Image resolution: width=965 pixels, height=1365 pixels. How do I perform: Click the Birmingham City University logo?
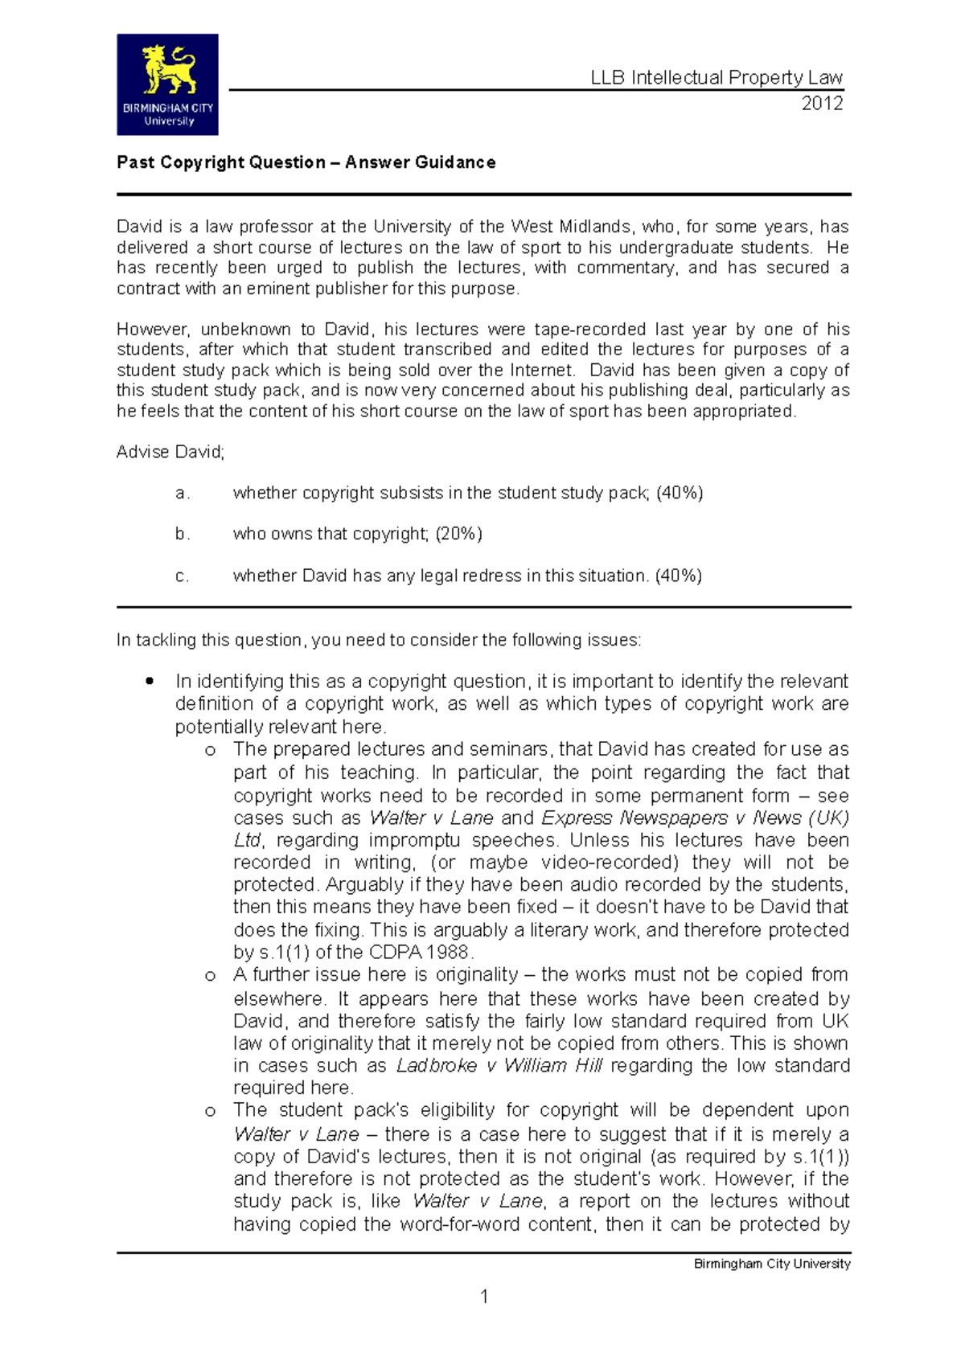coord(167,84)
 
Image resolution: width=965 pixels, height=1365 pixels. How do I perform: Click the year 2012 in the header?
coord(822,103)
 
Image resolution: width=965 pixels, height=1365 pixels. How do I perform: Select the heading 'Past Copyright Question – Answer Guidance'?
coord(306,162)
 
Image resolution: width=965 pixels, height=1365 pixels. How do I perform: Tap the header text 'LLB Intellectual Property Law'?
coord(717,77)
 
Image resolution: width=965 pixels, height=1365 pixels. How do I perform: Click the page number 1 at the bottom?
coord(484,1296)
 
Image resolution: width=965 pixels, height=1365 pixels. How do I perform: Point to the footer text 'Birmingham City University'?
coord(772,1264)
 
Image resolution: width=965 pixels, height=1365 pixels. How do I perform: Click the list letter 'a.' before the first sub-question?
coord(183,494)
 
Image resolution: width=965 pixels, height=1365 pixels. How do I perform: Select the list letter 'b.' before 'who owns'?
coord(183,535)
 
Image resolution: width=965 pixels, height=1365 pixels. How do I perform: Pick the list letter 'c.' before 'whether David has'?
coord(183,576)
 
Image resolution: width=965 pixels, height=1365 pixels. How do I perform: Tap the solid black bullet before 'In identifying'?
coord(149,681)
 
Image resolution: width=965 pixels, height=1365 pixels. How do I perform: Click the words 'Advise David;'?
coord(170,452)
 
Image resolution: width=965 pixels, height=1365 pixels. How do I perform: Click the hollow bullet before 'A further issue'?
coord(211,976)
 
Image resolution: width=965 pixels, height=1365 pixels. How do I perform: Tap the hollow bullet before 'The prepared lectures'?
coord(211,751)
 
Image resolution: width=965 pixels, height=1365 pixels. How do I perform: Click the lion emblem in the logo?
coord(169,70)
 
